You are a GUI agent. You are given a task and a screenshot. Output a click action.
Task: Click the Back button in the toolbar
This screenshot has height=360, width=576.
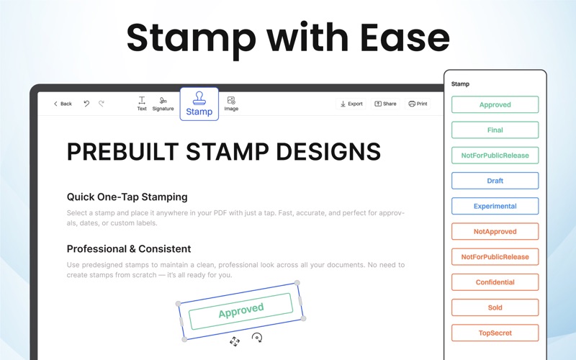point(63,104)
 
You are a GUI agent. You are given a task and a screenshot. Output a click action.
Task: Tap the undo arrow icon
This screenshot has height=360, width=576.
point(86,104)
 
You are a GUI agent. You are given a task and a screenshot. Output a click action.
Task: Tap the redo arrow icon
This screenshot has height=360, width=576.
point(102,104)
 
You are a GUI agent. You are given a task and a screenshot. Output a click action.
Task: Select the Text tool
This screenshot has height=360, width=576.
point(142,104)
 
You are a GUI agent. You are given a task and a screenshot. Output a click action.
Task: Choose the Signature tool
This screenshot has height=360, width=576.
point(163,104)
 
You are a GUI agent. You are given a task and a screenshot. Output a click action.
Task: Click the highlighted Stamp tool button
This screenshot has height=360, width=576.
point(199,104)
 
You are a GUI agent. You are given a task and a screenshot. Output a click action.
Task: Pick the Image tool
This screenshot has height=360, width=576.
point(231,104)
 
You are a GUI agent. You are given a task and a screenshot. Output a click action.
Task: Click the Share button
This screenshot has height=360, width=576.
point(385,104)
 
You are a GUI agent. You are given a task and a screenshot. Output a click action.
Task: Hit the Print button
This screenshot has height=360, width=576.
point(418,104)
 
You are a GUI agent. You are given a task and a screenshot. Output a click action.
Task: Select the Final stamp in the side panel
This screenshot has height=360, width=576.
point(495,130)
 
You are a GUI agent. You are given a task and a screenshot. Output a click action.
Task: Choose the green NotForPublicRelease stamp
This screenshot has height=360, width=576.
point(495,156)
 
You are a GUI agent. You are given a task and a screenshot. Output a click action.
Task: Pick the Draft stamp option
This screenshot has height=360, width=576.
point(495,181)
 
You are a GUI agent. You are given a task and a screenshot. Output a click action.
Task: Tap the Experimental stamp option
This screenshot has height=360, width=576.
point(495,206)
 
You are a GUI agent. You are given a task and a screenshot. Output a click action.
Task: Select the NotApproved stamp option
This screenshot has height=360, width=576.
point(495,231)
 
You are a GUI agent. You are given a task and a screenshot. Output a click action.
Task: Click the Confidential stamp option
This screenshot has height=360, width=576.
point(495,282)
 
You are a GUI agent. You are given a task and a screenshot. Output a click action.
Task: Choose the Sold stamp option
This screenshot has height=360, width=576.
point(495,307)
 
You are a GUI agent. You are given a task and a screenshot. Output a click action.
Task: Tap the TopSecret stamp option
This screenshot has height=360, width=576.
point(495,333)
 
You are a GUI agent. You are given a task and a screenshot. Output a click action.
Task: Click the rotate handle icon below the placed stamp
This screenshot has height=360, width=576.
point(257,338)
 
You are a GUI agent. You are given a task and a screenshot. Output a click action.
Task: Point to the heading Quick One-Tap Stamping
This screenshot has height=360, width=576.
point(127,197)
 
